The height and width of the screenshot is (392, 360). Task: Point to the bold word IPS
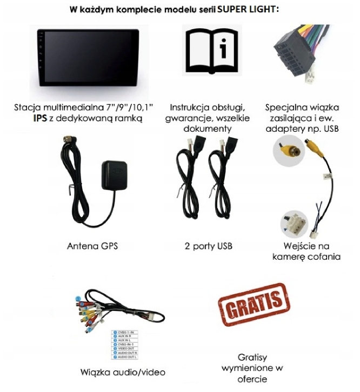(39, 118)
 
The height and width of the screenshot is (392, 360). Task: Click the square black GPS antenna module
(116, 174)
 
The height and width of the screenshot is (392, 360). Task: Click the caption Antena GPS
(92, 246)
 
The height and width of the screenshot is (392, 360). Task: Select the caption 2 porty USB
(208, 246)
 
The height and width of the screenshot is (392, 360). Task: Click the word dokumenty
(208, 129)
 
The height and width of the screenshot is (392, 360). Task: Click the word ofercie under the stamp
(253, 379)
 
